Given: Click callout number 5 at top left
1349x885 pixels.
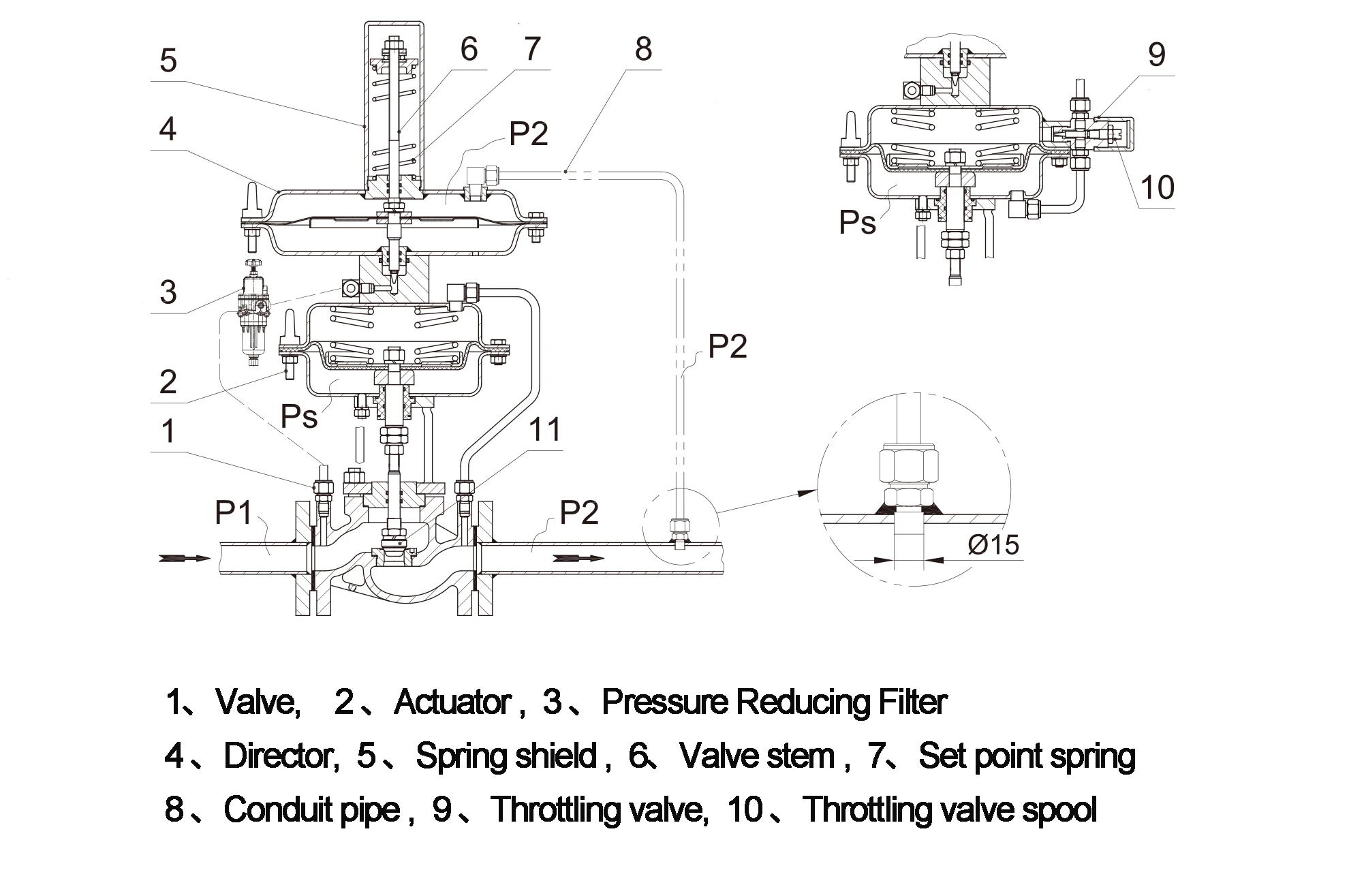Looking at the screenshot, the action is coord(168,61).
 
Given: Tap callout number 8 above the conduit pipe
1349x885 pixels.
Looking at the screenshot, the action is coord(643,50).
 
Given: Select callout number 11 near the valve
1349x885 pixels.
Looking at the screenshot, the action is coord(544,429).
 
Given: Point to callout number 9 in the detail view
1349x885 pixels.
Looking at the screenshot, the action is coord(1157,55).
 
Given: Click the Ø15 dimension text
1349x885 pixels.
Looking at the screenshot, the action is coord(993,545).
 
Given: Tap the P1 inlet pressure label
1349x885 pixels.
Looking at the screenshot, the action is coord(234,513).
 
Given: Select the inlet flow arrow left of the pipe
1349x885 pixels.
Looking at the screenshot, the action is coord(184,558).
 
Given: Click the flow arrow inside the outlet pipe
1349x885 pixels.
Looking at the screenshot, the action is coord(578,559).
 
